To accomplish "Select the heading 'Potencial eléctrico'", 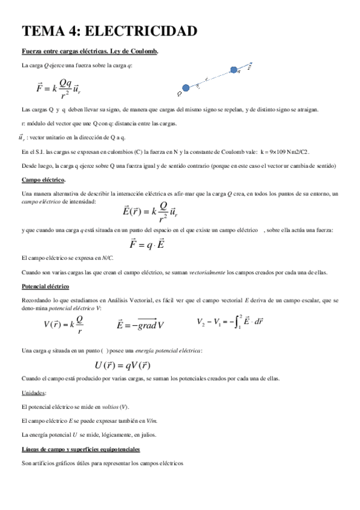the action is pyautogui.click(x=45, y=286).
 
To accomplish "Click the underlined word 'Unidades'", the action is pyautogui.click(x=34, y=392).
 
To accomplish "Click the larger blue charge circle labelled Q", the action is pyautogui.click(x=186, y=88).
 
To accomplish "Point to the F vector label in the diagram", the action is pyautogui.click(x=249, y=67).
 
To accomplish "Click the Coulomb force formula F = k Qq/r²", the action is pyautogui.click(x=58, y=88).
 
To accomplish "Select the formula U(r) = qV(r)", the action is pyautogui.click(x=122, y=364).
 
